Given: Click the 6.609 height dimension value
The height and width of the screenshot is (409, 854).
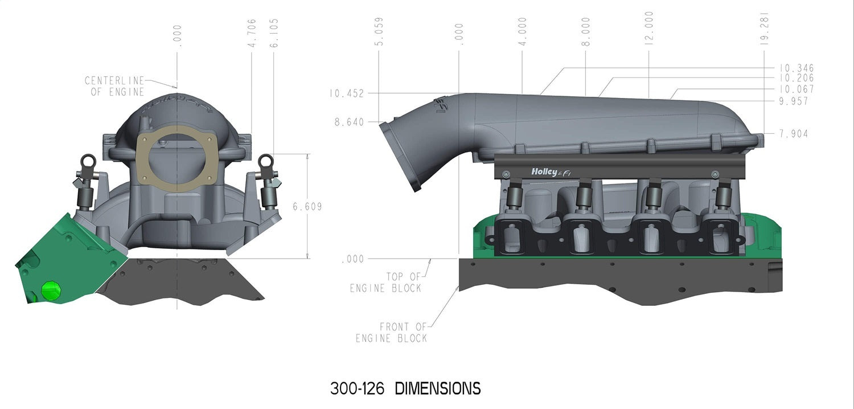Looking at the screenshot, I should coord(307,207).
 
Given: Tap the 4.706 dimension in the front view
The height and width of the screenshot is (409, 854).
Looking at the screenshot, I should coord(252,32).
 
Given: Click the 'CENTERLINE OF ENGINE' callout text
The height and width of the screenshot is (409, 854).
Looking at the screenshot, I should coord(115,86).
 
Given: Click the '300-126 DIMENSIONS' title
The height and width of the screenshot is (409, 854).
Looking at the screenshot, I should coord(405,388).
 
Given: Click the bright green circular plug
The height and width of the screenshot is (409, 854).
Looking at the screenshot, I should coord(51,290).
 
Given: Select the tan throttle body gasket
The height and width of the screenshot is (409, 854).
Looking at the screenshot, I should coord(178,154).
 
